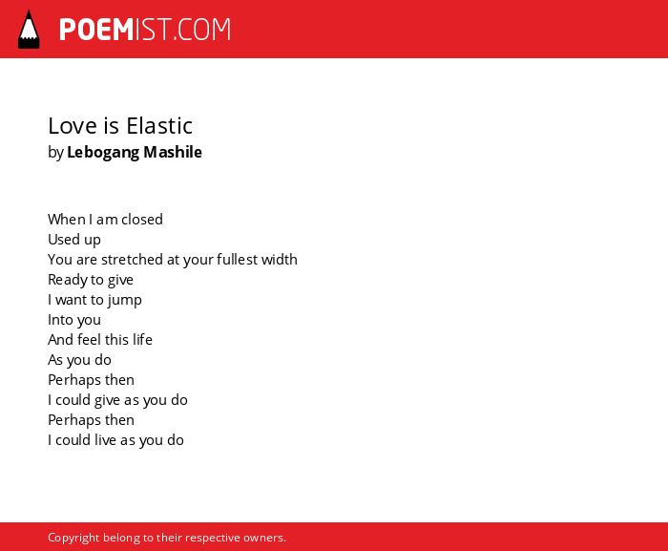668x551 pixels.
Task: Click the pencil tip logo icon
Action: [29, 30]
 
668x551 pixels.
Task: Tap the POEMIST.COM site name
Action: [145, 30]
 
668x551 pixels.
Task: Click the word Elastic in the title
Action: [159, 126]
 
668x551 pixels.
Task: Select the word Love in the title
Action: [73, 126]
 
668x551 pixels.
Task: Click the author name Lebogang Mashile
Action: [135, 153]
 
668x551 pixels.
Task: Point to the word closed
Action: [142, 220]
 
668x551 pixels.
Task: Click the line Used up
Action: [74, 240]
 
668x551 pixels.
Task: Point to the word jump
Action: [124, 300]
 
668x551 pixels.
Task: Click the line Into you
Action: [74, 320]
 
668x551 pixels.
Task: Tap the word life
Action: [142, 339]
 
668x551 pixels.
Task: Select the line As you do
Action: [79, 360]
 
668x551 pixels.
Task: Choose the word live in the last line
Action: [105, 439]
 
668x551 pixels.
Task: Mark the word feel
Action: [89, 339]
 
